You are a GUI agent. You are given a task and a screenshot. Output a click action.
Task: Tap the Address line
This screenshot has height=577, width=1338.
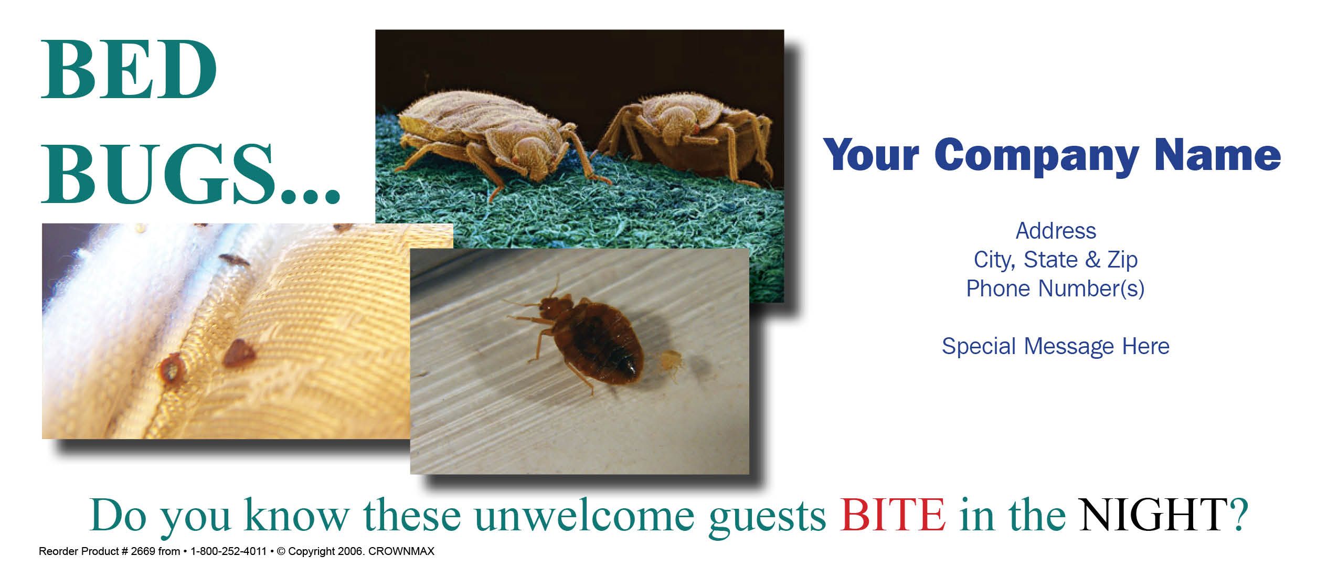pos(1056,231)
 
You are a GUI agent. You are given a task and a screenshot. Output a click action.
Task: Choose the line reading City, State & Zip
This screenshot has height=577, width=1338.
pos(1056,260)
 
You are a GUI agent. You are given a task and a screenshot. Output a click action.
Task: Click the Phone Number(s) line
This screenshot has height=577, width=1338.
pos(1055,288)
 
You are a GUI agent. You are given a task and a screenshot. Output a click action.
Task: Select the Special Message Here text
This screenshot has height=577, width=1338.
pos(1055,346)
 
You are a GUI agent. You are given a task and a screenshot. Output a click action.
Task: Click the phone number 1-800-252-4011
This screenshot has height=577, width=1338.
pos(228,551)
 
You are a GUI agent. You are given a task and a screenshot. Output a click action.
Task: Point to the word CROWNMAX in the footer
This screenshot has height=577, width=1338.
pos(401,551)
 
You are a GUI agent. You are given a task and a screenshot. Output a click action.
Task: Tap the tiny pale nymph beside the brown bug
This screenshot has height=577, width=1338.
pos(670,362)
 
